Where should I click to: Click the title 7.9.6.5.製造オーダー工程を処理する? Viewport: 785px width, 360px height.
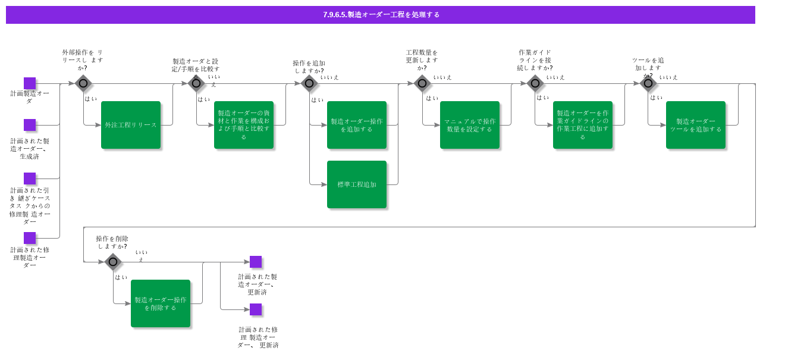pos(381,15)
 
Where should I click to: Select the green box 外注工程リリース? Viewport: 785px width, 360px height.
pos(131,125)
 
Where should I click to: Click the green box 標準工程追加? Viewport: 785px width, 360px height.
pos(357,184)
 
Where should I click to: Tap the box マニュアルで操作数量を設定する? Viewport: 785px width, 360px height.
pos(470,125)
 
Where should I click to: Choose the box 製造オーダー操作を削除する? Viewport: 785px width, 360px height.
pos(161,303)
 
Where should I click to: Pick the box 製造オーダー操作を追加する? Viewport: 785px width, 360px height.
pos(357,125)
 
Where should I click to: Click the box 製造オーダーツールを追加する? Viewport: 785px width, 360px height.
pos(696,125)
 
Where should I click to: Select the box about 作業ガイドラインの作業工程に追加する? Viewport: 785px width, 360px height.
pos(583,125)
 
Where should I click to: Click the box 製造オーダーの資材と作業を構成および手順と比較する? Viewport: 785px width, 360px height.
pos(244,125)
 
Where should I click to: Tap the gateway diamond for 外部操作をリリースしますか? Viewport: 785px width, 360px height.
pos(83,83)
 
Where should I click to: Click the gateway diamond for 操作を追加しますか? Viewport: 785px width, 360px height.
pos(309,83)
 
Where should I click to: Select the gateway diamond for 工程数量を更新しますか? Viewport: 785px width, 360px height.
pos(422,83)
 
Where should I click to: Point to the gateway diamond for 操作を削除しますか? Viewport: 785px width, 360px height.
pos(113,262)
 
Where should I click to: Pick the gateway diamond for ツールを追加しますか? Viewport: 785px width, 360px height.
pos(648,83)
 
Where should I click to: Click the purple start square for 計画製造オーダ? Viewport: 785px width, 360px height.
pos(30,83)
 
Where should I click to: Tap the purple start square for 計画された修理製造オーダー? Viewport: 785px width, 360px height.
pos(30,238)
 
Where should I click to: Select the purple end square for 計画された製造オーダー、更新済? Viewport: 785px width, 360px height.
pos(256,262)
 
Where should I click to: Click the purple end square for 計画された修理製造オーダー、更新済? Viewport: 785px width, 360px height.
pos(256,309)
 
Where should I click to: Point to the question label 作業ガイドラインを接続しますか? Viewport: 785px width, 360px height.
pos(535,60)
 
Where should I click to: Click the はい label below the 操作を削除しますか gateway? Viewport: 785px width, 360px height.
pos(121,277)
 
